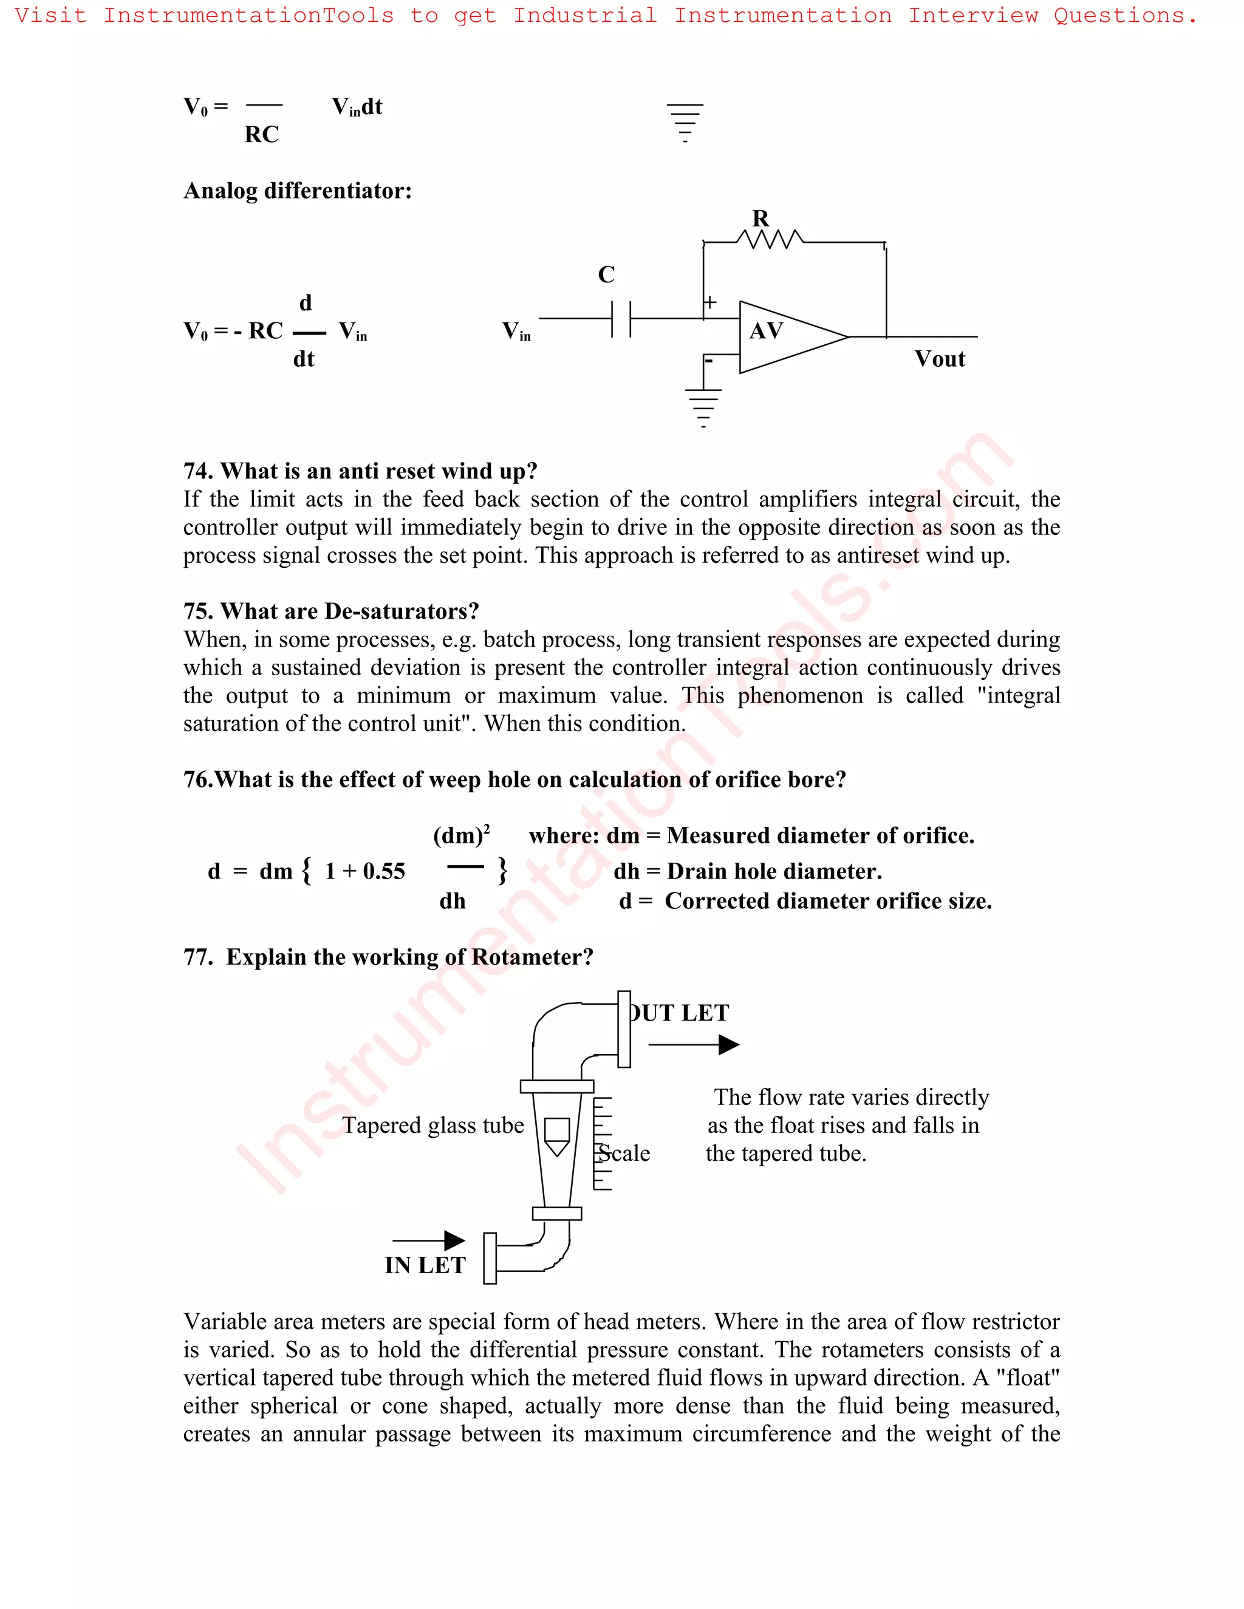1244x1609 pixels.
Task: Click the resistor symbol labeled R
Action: pyautogui.click(x=770, y=239)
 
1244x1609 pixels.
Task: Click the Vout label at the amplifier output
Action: pyautogui.click(x=939, y=359)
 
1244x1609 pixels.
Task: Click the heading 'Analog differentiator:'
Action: pyautogui.click(x=297, y=191)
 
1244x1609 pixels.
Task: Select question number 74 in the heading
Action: pyautogui.click(x=197, y=471)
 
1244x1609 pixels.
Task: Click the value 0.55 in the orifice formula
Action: pyautogui.click(x=383, y=871)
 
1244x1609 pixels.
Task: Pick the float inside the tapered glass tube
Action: pyautogui.click(x=556, y=1135)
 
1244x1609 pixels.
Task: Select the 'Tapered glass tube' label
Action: pyautogui.click(x=432, y=1125)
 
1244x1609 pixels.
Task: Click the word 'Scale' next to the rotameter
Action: pyautogui.click(x=624, y=1153)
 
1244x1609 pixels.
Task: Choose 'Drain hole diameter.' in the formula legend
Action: pyautogui.click(x=774, y=871)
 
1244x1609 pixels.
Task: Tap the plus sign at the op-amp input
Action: pyautogui.click(x=709, y=301)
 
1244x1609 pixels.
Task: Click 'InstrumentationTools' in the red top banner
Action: pyautogui.click(x=248, y=15)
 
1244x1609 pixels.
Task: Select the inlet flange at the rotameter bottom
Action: pyautogui.click(x=490, y=1257)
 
